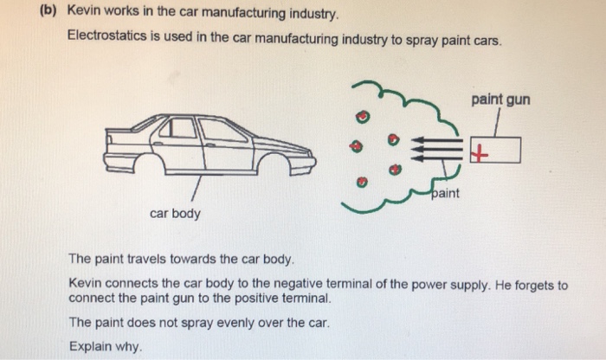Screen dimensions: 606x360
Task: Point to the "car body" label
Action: (175, 213)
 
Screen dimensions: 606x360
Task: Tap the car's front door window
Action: (222, 131)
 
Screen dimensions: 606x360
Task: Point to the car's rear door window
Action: (182, 129)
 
